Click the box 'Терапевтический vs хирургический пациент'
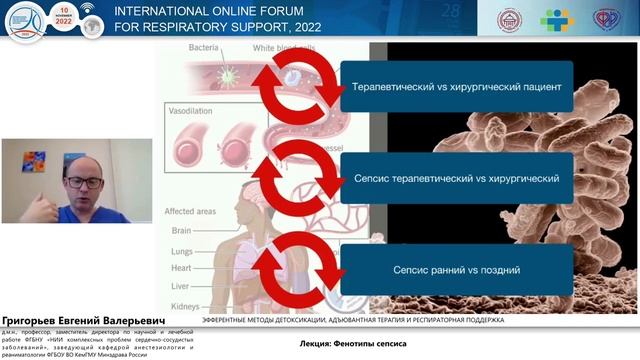(x=455, y=86)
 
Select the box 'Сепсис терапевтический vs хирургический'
(x=455, y=178)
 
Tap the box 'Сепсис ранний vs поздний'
(x=455, y=270)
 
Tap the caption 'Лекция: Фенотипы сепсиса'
(x=353, y=343)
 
